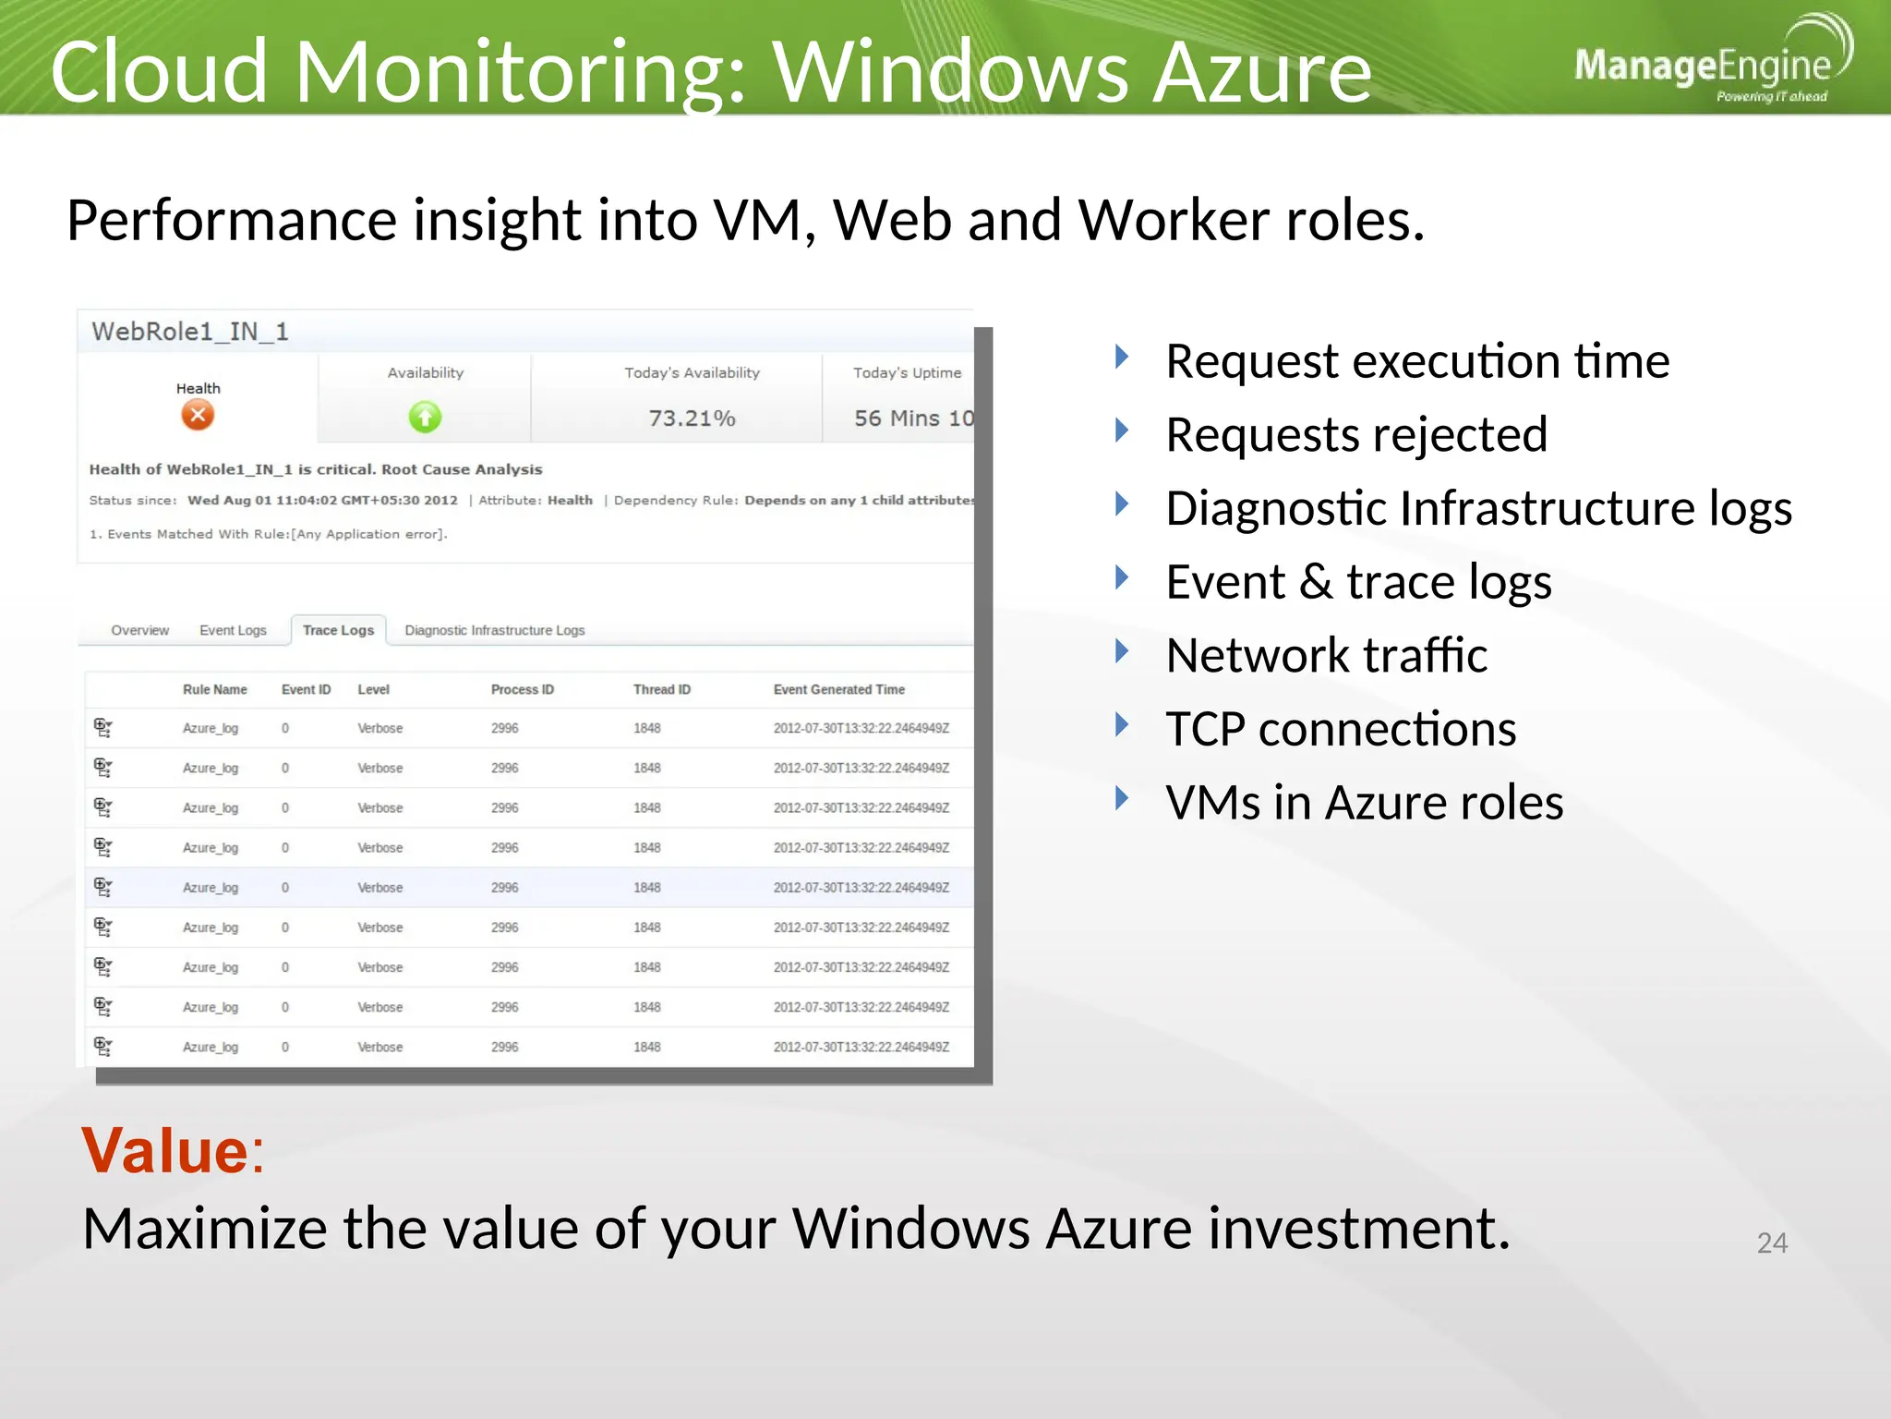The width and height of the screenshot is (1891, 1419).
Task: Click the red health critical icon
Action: [198, 415]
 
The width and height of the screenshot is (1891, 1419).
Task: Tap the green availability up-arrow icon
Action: [425, 418]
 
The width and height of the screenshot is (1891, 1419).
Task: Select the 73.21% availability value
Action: [692, 418]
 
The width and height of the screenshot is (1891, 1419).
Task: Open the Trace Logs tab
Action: [338, 630]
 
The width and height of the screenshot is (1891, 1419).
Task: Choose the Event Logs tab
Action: [233, 630]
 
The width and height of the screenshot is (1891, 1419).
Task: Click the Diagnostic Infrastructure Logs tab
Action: [494, 630]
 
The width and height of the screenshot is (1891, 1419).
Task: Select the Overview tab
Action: [140, 630]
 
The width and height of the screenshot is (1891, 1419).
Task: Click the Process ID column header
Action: [522, 689]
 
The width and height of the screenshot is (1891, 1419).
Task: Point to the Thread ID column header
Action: [661, 689]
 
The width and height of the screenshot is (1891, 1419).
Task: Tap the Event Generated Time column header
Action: [838, 689]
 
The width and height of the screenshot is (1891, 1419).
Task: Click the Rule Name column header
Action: [214, 689]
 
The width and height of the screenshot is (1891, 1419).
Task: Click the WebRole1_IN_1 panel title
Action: [190, 332]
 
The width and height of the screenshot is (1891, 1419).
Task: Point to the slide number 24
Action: [1771, 1243]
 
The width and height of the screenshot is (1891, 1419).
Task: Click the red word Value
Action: [164, 1151]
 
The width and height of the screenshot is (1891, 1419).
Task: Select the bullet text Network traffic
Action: [1326, 655]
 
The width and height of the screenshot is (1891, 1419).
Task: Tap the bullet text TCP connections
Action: [1340, 729]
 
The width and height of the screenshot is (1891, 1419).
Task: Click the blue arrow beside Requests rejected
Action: [1122, 430]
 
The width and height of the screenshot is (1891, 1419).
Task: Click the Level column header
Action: [373, 689]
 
